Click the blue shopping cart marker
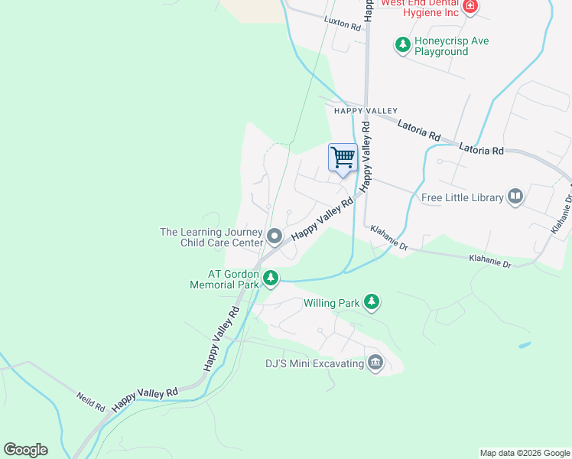pyautogui.click(x=343, y=158)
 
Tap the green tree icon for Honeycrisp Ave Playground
pyautogui.click(x=402, y=45)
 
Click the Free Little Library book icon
pyautogui.click(x=515, y=197)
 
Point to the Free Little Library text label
pyautogui.click(x=463, y=197)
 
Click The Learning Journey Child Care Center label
pyautogui.click(x=211, y=238)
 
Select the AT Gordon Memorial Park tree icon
pyautogui.click(x=270, y=279)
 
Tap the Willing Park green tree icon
pyautogui.click(x=372, y=303)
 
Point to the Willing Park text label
pyautogui.click(x=331, y=304)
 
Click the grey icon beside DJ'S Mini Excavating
pyautogui.click(x=375, y=363)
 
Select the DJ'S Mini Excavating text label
pyautogui.click(x=314, y=363)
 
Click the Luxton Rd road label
pyautogui.click(x=342, y=24)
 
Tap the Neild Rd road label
pyautogui.click(x=90, y=402)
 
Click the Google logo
pyautogui.click(x=25, y=450)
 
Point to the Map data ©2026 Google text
pyautogui.click(x=524, y=453)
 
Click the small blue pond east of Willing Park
pyautogui.click(x=525, y=345)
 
